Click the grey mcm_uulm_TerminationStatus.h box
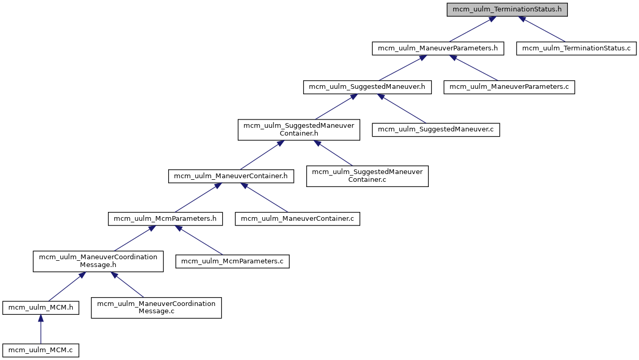pos(507,9)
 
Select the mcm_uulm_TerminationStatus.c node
pos(576,48)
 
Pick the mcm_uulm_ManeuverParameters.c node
pos(509,87)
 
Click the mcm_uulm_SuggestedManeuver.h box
pos(368,87)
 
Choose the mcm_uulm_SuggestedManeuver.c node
pos(436,129)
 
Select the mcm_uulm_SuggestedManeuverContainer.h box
pos(298,129)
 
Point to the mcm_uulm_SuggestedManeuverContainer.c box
pos(367,176)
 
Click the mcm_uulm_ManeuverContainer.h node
pos(231,176)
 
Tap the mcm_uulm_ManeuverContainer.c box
pos(297,219)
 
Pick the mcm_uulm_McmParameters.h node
pos(165,219)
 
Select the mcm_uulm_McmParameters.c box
pos(232,261)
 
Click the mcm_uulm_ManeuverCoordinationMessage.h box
pos(98,261)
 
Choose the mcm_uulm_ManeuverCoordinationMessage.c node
pos(156,308)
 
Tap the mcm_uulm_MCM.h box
pos(41,308)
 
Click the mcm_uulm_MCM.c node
pos(41,350)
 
